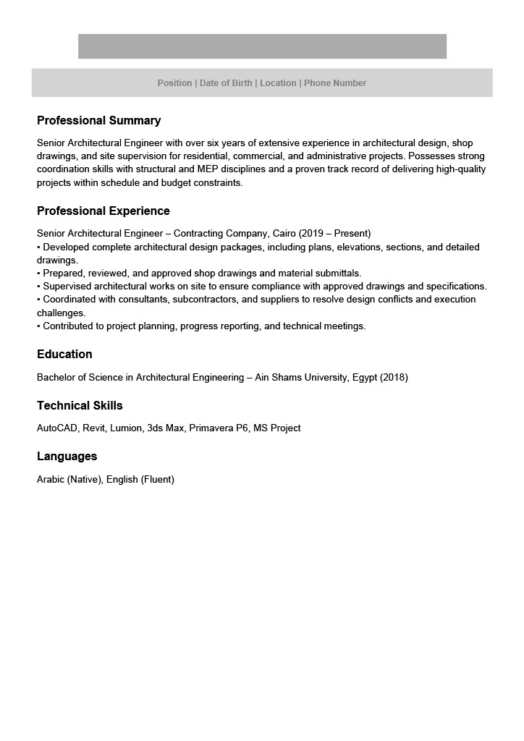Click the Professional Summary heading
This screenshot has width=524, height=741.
(x=98, y=120)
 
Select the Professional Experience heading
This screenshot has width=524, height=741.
(x=103, y=211)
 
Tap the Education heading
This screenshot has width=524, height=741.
(x=64, y=354)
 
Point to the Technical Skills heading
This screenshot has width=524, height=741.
(x=80, y=405)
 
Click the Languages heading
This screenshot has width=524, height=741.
(x=67, y=456)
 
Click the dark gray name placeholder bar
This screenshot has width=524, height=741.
(x=262, y=46)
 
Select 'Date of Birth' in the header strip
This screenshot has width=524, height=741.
(x=226, y=83)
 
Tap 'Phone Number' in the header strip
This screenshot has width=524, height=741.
(x=335, y=83)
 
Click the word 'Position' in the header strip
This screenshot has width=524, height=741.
(x=174, y=83)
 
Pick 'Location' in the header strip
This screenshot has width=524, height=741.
(x=278, y=83)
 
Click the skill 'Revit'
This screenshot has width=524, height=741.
(x=94, y=428)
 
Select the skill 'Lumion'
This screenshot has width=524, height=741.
(x=126, y=428)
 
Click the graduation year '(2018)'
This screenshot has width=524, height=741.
(x=394, y=378)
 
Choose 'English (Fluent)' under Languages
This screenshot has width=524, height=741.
(x=140, y=479)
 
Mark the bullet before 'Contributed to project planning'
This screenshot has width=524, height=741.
(x=39, y=326)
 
